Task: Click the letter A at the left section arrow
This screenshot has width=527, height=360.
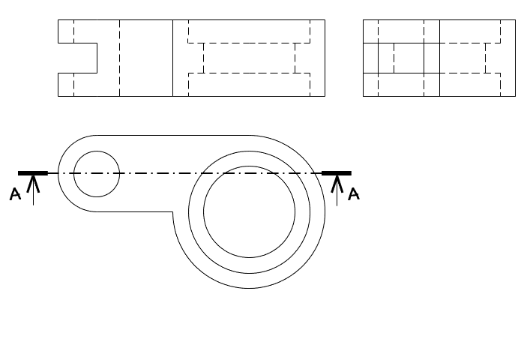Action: coord(15,194)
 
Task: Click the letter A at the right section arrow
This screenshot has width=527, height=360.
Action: coord(354,194)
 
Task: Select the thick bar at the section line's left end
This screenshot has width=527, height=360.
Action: coord(33,173)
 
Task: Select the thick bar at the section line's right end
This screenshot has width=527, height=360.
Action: coord(337,173)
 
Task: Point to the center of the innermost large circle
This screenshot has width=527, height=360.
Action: coord(249,211)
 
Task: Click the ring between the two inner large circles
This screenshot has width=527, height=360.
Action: coord(249,265)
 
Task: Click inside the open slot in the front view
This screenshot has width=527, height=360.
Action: coord(78,58)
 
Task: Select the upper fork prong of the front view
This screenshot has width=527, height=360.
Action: coord(78,31)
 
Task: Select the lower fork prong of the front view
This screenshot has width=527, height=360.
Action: coord(78,85)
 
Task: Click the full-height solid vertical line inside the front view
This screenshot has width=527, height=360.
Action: coord(172,58)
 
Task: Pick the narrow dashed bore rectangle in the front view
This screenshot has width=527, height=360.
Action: coord(249,58)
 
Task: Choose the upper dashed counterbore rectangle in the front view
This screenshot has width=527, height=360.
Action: coord(249,31)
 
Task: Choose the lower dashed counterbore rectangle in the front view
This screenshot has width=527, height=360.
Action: coord(249,85)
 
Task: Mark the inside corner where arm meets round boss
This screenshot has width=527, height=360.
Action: coord(172,211)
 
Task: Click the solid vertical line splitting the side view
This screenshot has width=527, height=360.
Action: coord(439,58)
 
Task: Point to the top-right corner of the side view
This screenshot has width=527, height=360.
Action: coord(515,19)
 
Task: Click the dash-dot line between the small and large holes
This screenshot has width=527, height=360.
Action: coord(161,173)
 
